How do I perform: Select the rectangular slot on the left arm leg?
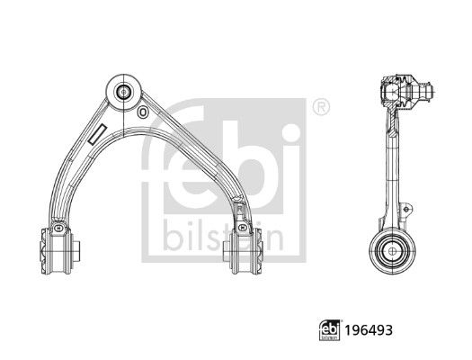click(97, 135)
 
